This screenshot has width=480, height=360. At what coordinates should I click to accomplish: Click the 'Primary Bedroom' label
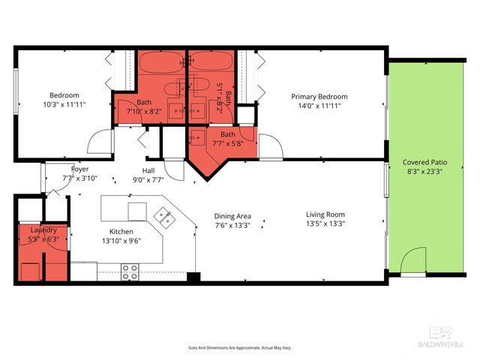[319, 97]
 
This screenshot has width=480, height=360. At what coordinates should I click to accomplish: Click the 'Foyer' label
[79, 169]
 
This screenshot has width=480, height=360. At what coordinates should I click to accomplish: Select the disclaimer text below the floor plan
[239, 348]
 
